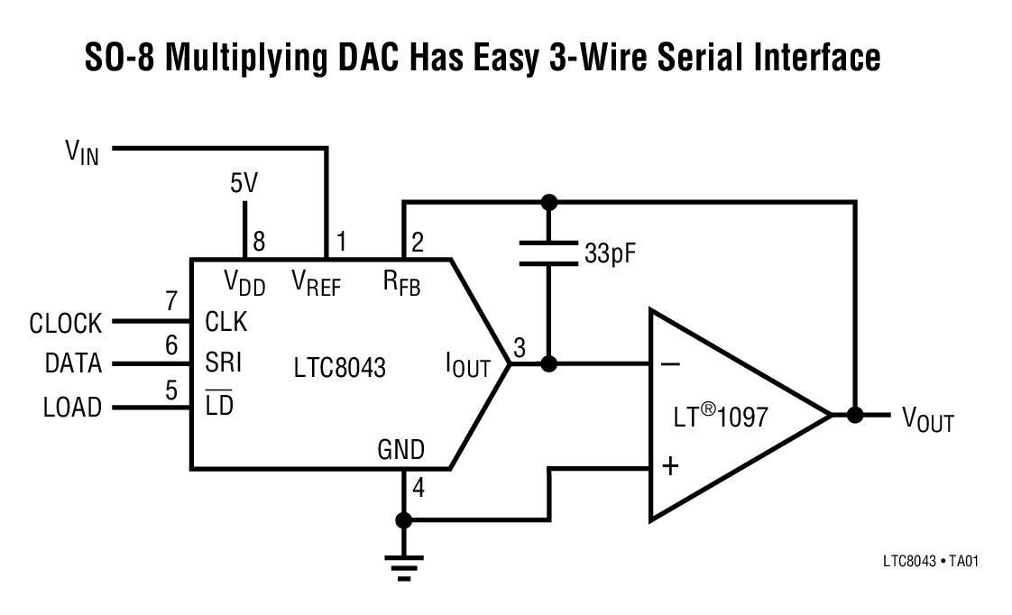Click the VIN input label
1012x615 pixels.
(x=82, y=151)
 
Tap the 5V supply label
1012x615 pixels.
(x=244, y=185)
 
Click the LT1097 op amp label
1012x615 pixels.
(x=722, y=418)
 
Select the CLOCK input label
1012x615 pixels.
(x=66, y=323)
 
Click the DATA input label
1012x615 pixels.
(x=74, y=364)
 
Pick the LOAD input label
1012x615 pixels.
(x=72, y=408)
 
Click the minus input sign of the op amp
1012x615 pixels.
(x=670, y=364)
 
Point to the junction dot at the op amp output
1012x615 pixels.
(x=854, y=416)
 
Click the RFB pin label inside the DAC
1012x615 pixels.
(x=401, y=284)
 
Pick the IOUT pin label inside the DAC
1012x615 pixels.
(x=468, y=367)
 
